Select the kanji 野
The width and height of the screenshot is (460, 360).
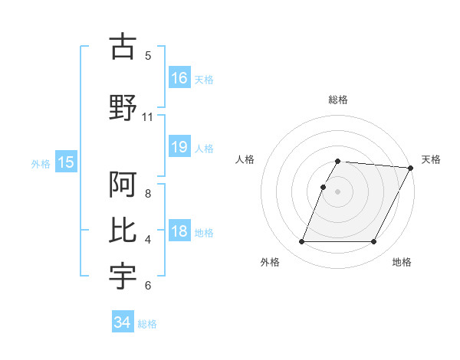[123, 108]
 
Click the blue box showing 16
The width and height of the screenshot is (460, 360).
[179, 77]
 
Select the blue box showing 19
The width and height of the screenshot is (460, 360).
[179, 147]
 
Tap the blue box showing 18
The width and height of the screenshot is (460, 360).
[179, 232]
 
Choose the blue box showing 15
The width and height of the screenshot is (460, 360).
[66, 162]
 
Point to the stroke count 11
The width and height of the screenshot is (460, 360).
[148, 117]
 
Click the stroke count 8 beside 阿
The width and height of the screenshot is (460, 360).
[148, 194]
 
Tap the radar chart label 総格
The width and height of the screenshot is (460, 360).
[337, 100]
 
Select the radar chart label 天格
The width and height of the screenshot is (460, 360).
[431, 159]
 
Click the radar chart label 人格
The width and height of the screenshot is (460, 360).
[245, 159]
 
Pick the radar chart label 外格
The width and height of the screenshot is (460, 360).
[270, 263]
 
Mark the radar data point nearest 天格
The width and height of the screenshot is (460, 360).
[411, 168]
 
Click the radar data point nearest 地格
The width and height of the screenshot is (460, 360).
[374, 242]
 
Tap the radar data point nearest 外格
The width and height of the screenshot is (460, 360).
[301, 242]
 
